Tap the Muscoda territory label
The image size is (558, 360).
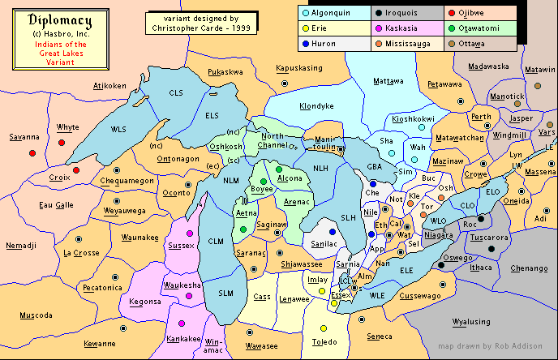click(x=36, y=315)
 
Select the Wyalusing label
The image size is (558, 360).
click(x=471, y=322)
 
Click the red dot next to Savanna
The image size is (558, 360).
click(x=32, y=152)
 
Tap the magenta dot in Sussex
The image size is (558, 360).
click(x=190, y=234)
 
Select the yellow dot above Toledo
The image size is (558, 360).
click(x=323, y=328)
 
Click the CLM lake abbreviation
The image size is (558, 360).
click(x=216, y=242)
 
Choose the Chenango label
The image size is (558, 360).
click(x=529, y=268)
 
